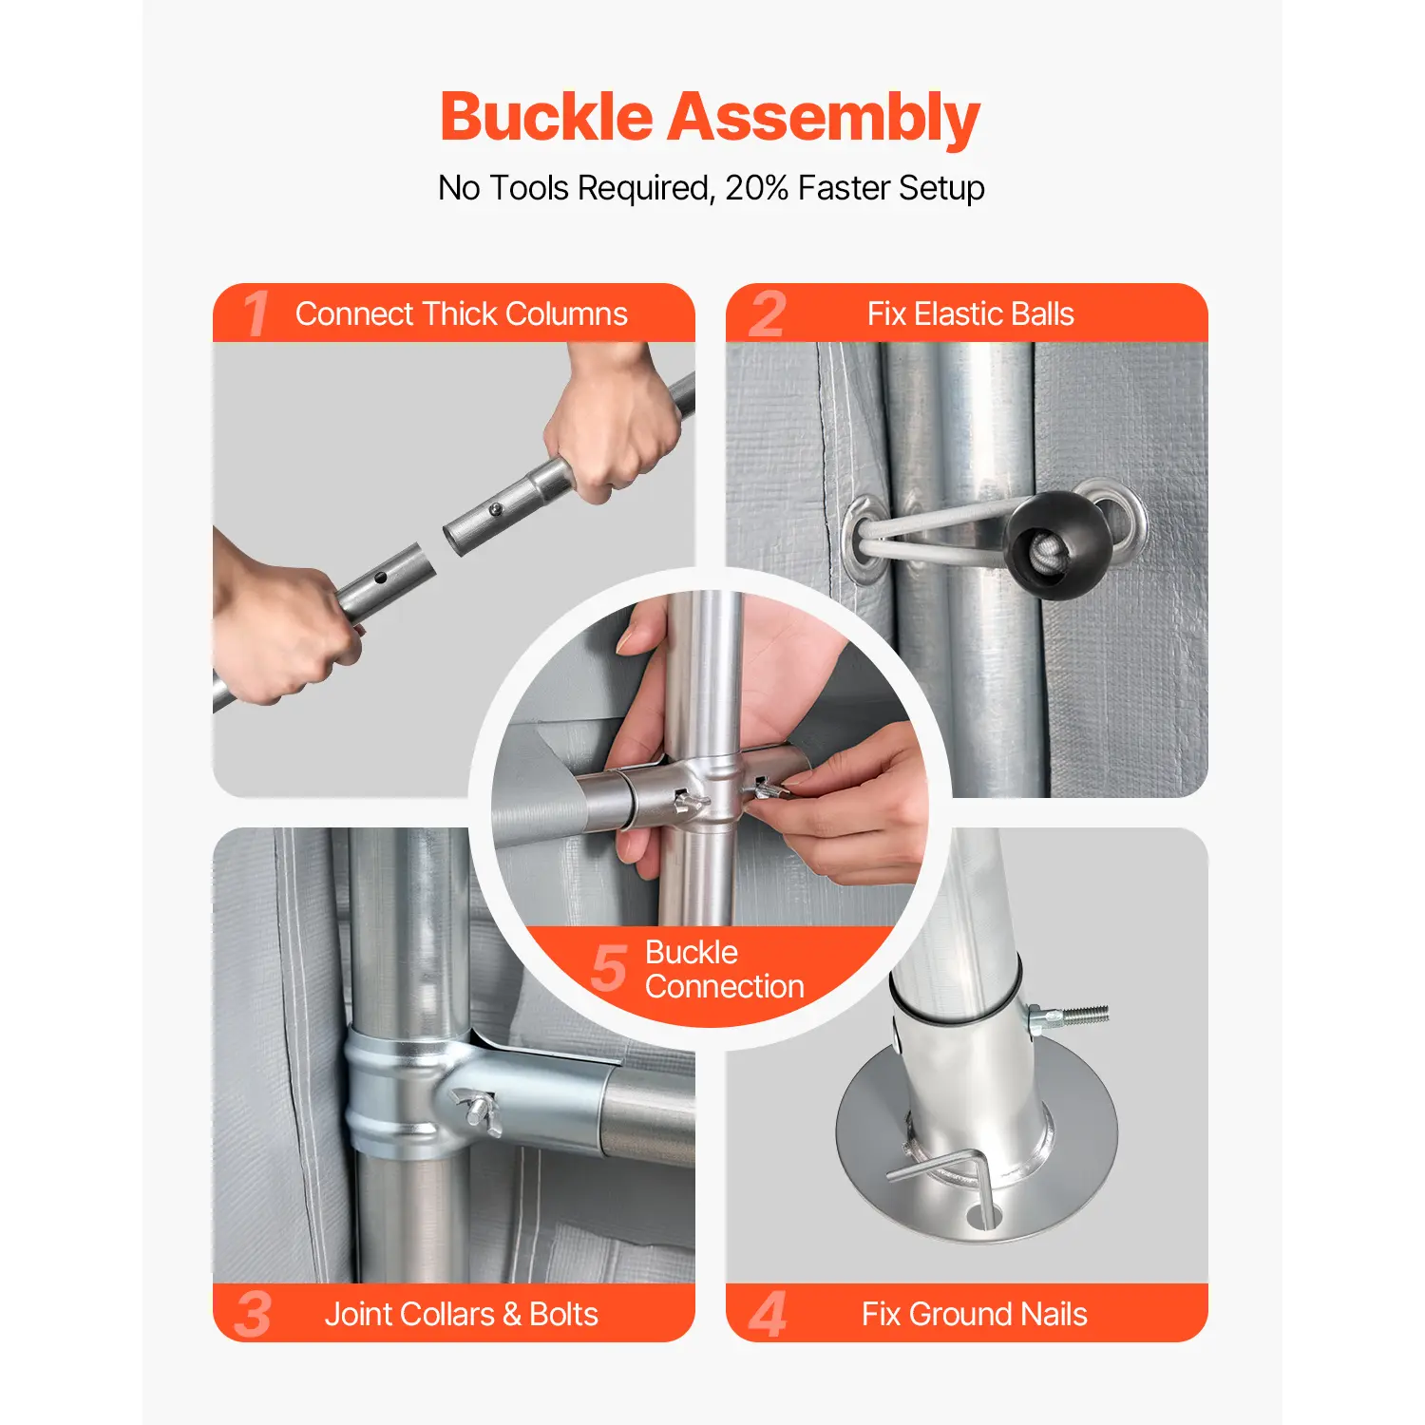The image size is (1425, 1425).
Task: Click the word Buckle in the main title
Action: (x=546, y=117)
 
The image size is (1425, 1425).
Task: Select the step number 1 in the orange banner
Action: (x=255, y=313)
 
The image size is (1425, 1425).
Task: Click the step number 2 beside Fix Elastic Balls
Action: (x=768, y=313)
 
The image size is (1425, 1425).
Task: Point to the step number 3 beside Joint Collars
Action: (x=253, y=1314)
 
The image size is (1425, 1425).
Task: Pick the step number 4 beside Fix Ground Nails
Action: (x=768, y=1314)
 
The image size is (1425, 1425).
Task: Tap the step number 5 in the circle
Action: (x=609, y=968)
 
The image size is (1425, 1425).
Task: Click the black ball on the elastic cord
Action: (x=1059, y=544)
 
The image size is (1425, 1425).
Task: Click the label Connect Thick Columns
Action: (x=462, y=313)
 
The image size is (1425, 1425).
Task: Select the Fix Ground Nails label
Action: (x=975, y=1314)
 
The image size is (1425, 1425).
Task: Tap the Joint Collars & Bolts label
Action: (x=462, y=1314)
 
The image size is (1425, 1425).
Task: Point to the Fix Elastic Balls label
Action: (x=971, y=313)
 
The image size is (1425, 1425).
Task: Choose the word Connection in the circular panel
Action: (x=725, y=987)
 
